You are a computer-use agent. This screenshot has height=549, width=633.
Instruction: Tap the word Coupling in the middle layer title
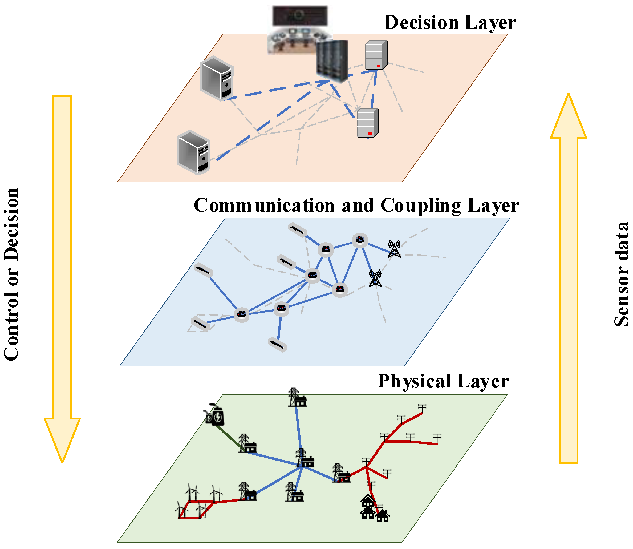tap(420, 205)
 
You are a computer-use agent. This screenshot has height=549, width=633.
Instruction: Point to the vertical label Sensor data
tap(622, 274)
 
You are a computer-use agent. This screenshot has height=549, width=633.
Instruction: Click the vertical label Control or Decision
tap(11, 274)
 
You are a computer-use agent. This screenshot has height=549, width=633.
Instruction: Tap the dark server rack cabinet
tap(332, 61)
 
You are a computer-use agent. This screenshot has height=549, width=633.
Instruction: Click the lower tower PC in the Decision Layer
tap(193, 152)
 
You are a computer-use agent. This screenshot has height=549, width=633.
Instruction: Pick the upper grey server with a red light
tap(376, 55)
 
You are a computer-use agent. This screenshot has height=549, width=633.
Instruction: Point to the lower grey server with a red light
tap(367, 123)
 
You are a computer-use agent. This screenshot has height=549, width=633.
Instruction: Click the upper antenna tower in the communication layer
tap(395, 248)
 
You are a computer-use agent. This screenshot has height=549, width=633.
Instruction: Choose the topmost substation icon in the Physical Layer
tap(297, 398)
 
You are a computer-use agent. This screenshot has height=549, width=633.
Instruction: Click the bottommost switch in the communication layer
tap(277, 345)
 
